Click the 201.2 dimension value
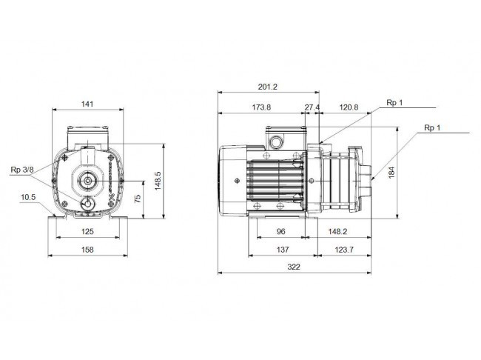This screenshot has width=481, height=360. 267,87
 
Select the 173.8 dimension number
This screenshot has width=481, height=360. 262,107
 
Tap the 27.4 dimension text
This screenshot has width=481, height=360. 312,107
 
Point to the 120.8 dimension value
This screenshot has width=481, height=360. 349,107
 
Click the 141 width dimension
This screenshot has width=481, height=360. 87,104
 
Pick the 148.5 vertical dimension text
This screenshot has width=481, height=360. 158,181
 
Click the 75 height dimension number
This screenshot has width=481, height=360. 138,198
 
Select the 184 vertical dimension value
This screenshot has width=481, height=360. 391,173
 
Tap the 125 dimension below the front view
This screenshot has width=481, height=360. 87,231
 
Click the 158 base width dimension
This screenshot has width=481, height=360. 87,250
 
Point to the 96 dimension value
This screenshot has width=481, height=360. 281,231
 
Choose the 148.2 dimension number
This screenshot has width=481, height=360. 337,231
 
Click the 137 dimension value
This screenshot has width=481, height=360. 283,250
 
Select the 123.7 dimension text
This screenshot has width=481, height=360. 344,250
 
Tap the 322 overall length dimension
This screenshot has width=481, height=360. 294,267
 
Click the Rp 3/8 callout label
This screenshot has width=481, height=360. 22,170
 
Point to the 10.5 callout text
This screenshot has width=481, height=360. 28,197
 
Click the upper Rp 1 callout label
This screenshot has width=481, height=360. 394,103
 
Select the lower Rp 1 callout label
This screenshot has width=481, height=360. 432,128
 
